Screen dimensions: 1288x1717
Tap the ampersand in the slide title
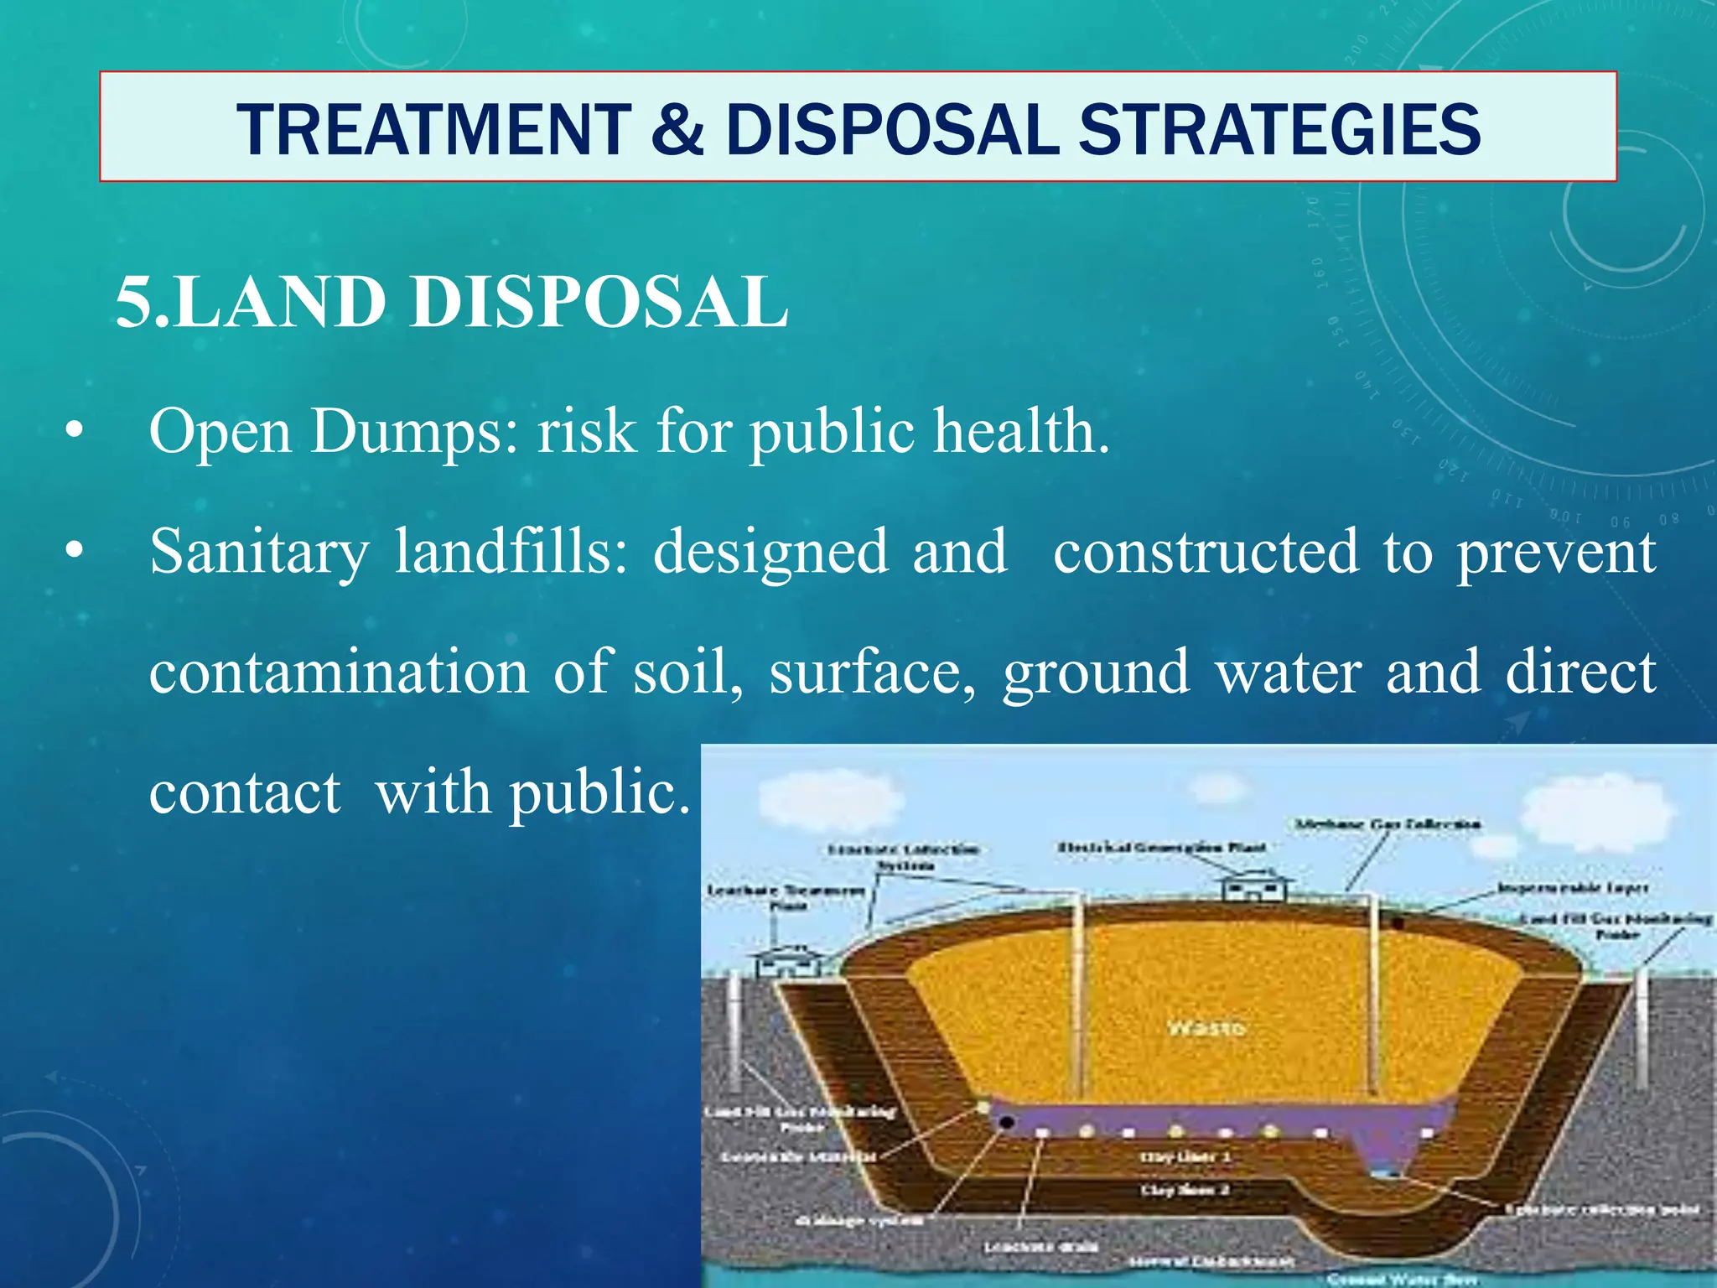click(x=677, y=130)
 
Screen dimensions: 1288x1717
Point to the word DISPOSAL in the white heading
click(x=599, y=302)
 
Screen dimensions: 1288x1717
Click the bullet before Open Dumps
click(x=75, y=432)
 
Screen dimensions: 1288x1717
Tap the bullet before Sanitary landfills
click(x=75, y=552)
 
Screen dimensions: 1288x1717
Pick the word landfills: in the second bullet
click(x=511, y=552)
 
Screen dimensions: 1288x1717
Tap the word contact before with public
click(x=245, y=792)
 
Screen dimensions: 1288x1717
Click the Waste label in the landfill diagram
click(x=1206, y=1028)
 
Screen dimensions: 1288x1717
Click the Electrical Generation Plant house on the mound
click(x=1254, y=885)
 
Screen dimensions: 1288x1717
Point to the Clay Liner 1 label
click(x=1185, y=1157)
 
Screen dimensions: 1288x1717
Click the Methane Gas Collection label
click(x=1388, y=824)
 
